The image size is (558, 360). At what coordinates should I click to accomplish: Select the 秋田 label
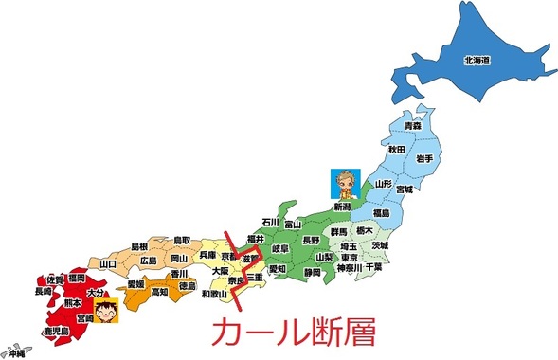[x=395, y=150]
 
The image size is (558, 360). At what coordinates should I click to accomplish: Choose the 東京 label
[x=350, y=256]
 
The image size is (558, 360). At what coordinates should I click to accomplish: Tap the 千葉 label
[x=374, y=268]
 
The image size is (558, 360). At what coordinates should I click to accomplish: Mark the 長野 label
[x=311, y=241]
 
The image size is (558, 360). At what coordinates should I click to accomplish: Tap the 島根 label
[x=141, y=244]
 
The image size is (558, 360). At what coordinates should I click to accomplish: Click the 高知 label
[x=158, y=292]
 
